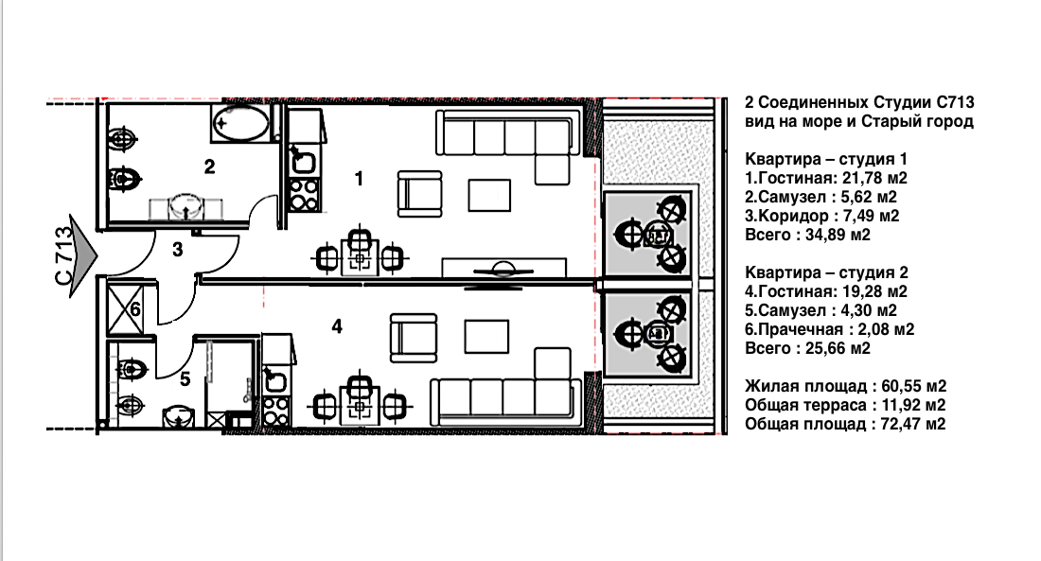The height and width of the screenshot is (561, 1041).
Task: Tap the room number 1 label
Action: [358, 176]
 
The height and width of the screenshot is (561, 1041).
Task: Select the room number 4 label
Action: [336, 326]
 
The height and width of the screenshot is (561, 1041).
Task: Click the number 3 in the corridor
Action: [177, 250]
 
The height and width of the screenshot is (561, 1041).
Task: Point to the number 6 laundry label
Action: [135, 309]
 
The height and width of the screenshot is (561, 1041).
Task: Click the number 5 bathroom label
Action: [185, 378]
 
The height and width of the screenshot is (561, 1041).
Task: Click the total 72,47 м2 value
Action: [910, 425]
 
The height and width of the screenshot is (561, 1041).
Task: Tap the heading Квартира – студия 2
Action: [827, 272]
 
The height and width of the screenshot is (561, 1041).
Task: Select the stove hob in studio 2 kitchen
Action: [276, 410]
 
